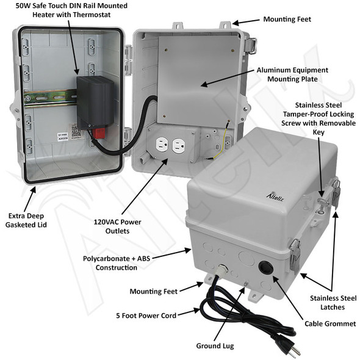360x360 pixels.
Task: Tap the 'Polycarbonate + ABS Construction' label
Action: click(x=117, y=262)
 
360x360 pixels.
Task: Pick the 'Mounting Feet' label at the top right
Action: click(x=287, y=20)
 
